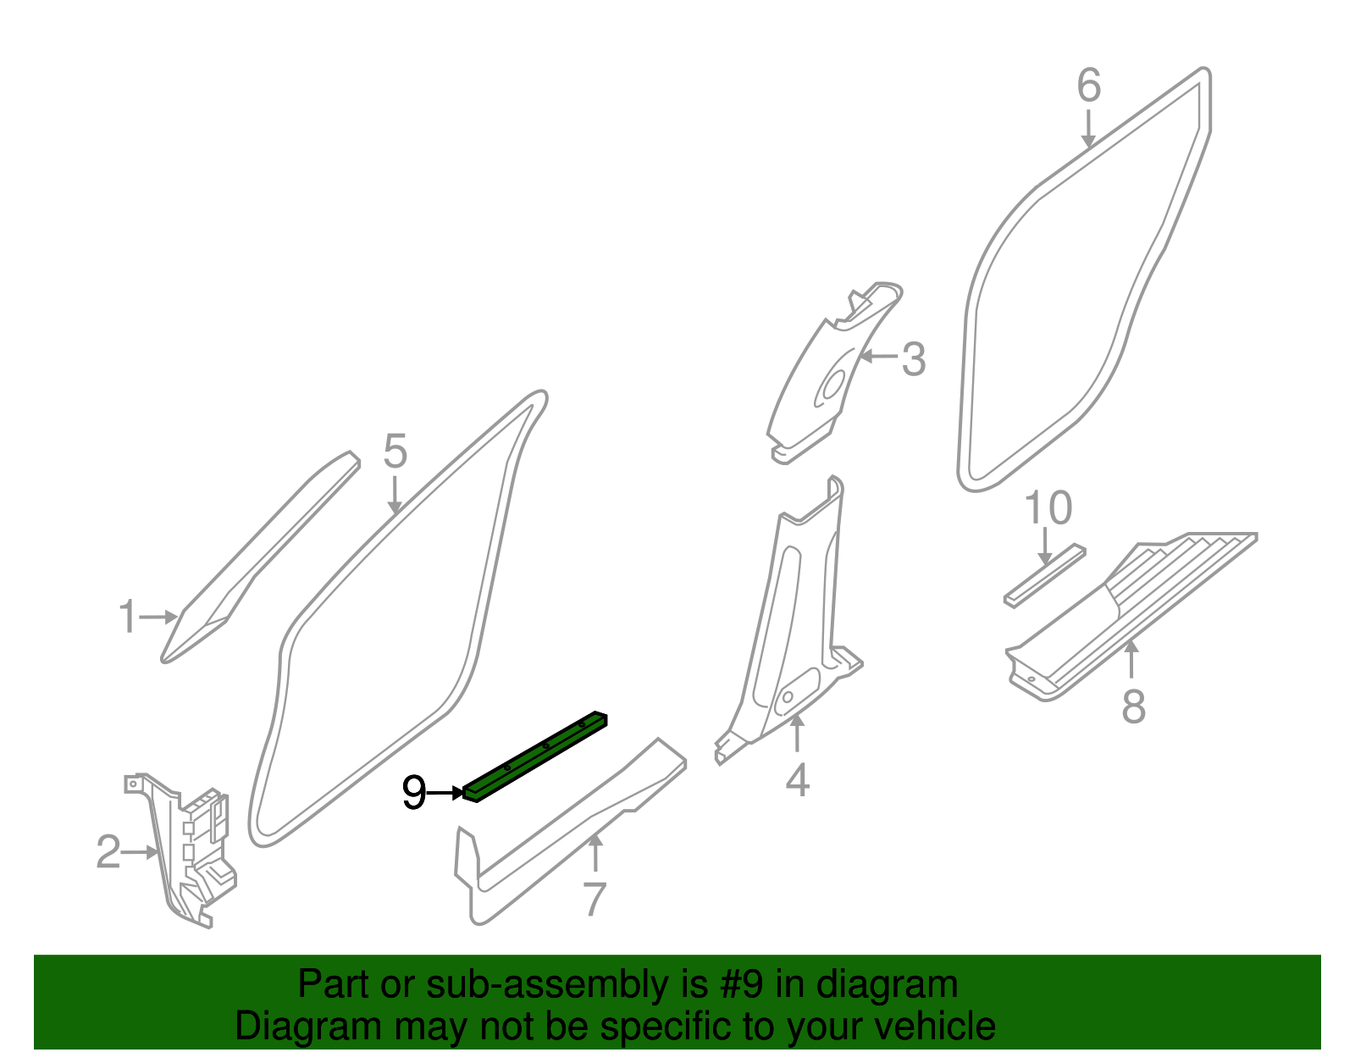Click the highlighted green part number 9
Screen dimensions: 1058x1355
click(x=535, y=755)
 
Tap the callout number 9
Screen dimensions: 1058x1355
click(x=413, y=794)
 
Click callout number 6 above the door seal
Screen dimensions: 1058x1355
click(x=1089, y=86)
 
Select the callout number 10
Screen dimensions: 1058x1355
click(x=1048, y=509)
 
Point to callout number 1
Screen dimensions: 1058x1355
click(x=127, y=617)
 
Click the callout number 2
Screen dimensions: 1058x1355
click(x=108, y=852)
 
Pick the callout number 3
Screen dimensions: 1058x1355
click(x=913, y=359)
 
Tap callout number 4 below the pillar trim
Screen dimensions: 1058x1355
click(x=797, y=780)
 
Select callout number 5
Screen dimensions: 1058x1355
click(x=395, y=451)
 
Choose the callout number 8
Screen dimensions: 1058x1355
click(x=1133, y=706)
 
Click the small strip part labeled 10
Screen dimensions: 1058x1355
click(x=1044, y=575)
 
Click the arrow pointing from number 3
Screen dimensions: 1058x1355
click(x=878, y=357)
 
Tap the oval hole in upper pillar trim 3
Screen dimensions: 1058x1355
click(x=831, y=385)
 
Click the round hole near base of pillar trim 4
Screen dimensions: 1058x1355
click(x=788, y=697)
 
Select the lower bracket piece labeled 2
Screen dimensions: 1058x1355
click(x=195, y=856)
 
